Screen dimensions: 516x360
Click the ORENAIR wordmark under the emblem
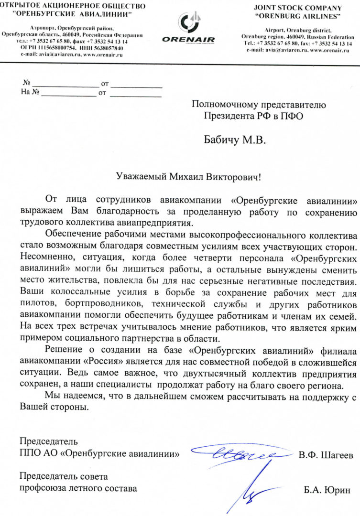188,40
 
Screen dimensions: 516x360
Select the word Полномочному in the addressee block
225,104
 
